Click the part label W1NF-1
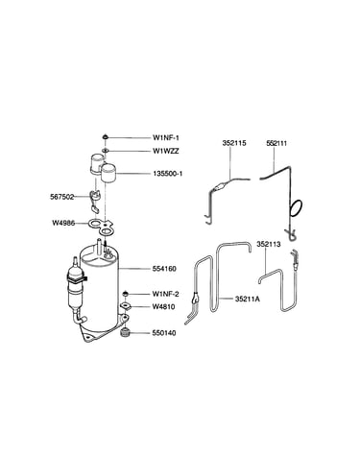pyautogui.click(x=166, y=138)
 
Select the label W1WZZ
pyautogui.click(x=166, y=151)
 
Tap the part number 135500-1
pyautogui.click(x=168, y=174)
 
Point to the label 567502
pyautogui.click(x=61, y=197)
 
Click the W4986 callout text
pyautogui.click(x=63, y=223)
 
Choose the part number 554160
pyautogui.click(x=164, y=269)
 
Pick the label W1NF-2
pyautogui.click(x=166, y=294)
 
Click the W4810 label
pyautogui.click(x=164, y=307)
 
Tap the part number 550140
pyautogui.click(x=164, y=333)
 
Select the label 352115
pyautogui.click(x=234, y=143)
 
